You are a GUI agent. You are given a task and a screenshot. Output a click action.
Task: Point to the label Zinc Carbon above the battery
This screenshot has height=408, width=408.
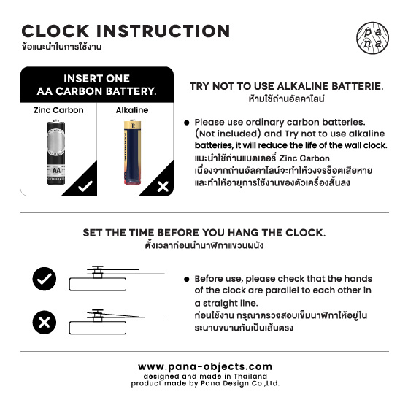pos(58,110)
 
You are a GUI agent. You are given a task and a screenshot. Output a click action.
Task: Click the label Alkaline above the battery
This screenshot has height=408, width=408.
pos(132,110)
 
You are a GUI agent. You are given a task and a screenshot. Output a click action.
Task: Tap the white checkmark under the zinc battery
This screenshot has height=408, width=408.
pos(85,186)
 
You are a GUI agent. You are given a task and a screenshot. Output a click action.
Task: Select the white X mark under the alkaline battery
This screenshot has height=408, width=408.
pos(163,187)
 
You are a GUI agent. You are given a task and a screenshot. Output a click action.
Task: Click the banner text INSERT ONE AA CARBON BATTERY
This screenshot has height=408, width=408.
pos(96,85)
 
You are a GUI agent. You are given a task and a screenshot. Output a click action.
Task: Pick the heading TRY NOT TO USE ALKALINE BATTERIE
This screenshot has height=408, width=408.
pos(286,86)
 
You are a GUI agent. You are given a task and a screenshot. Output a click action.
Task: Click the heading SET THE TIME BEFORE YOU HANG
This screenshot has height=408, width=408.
pos(204,233)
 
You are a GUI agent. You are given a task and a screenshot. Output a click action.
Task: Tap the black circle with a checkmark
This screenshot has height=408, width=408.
pos(44,278)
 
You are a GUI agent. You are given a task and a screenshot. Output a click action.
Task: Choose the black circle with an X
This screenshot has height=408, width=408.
pos(44,321)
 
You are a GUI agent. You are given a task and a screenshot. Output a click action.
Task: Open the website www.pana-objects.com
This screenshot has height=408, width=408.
pos(204,366)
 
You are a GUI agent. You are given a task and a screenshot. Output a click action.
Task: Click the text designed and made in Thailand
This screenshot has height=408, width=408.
pos(204,376)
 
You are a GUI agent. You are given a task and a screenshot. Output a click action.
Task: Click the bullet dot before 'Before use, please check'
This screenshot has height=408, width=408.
pos(187,279)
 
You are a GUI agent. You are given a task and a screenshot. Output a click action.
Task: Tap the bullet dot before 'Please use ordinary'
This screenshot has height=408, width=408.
pos(187,123)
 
